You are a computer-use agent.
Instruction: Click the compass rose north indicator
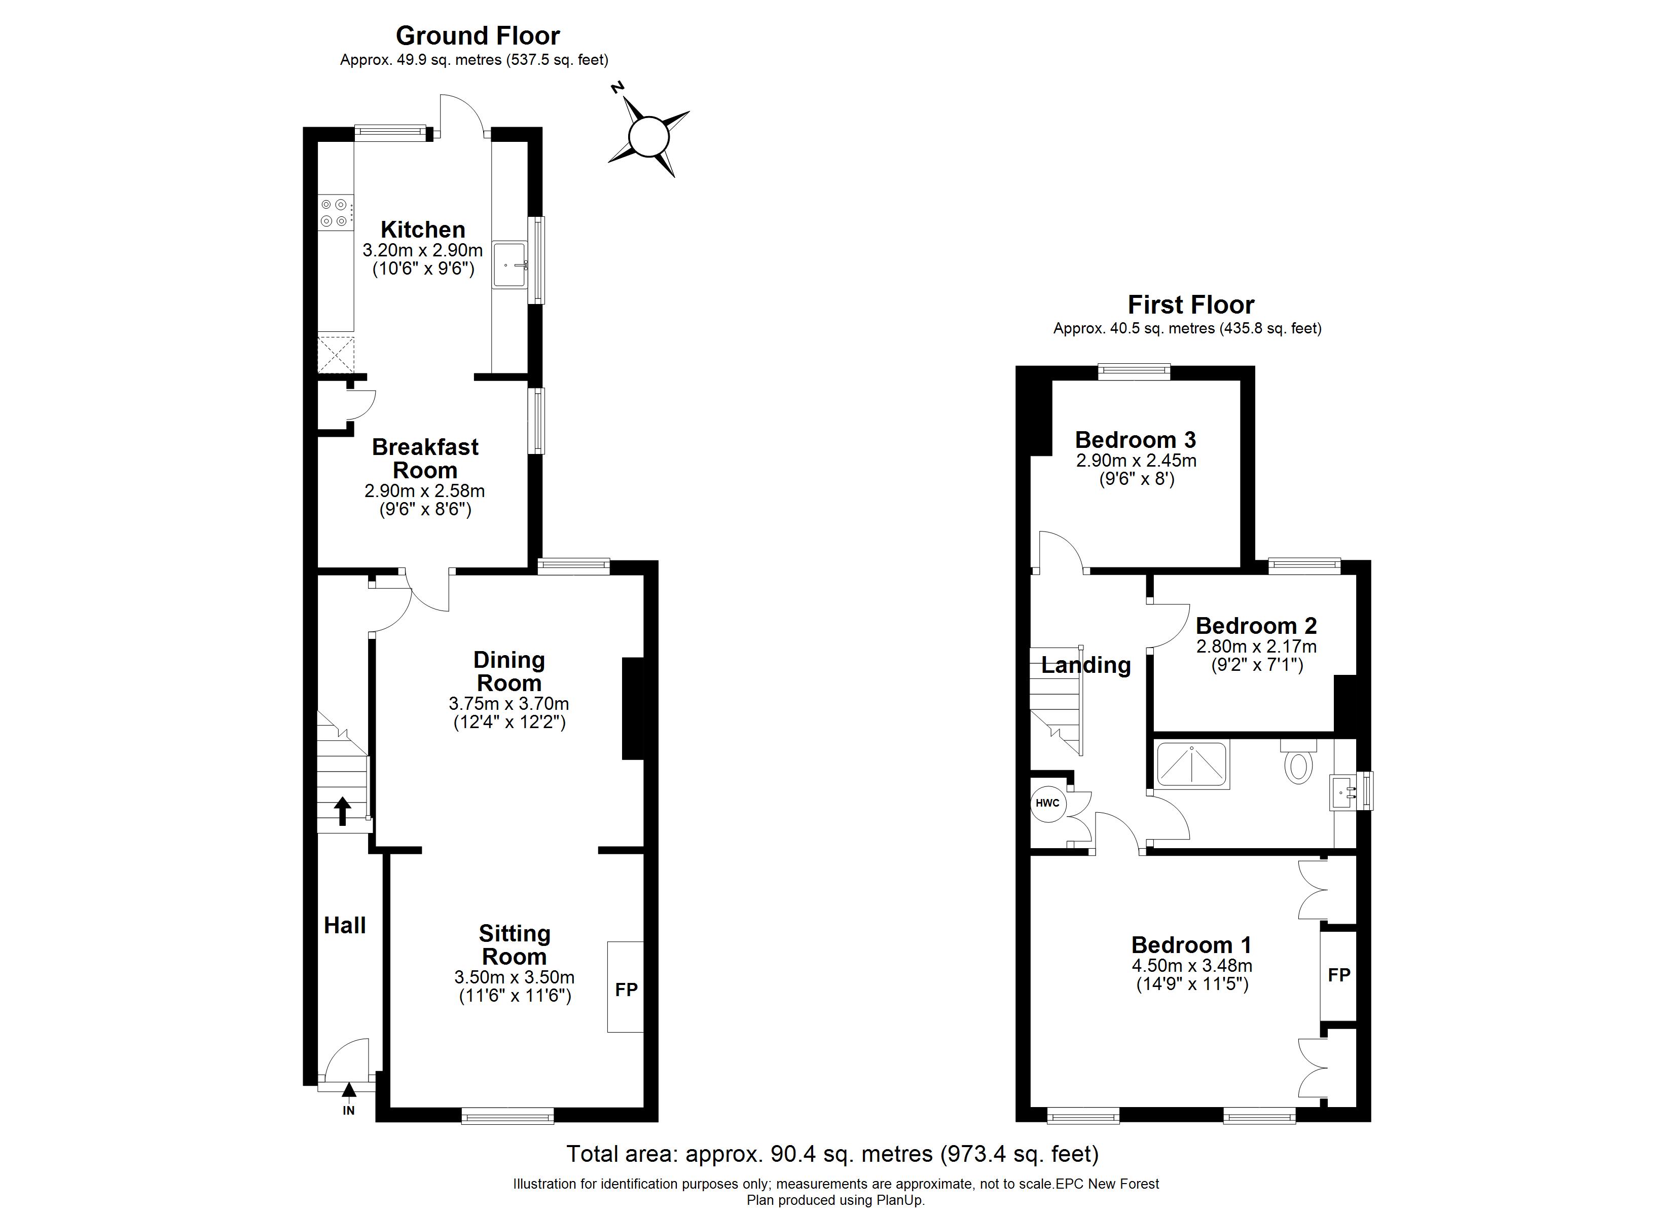(x=618, y=89)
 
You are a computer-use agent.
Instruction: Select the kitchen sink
(x=510, y=264)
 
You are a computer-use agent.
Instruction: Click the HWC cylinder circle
(x=1047, y=803)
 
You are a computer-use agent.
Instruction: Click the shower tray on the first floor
(x=1192, y=765)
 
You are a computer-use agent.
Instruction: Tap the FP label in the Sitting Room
(x=626, y=990)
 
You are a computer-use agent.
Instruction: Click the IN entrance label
(x=349, y=1111)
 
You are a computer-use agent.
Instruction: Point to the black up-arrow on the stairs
(x=342, y=811)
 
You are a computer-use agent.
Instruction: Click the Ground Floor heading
(x=478, y=35)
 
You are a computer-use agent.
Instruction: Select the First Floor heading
(x=1190, y=305)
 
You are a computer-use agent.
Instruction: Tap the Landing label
(x=1086, y=665)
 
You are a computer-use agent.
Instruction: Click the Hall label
(x=344, y=926)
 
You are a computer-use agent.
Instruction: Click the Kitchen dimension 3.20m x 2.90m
(x=423, y=250)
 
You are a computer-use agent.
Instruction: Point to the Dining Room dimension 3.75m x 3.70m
(x=509, y=703)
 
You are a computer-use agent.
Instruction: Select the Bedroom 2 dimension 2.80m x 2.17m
(x=1256, y=647)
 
